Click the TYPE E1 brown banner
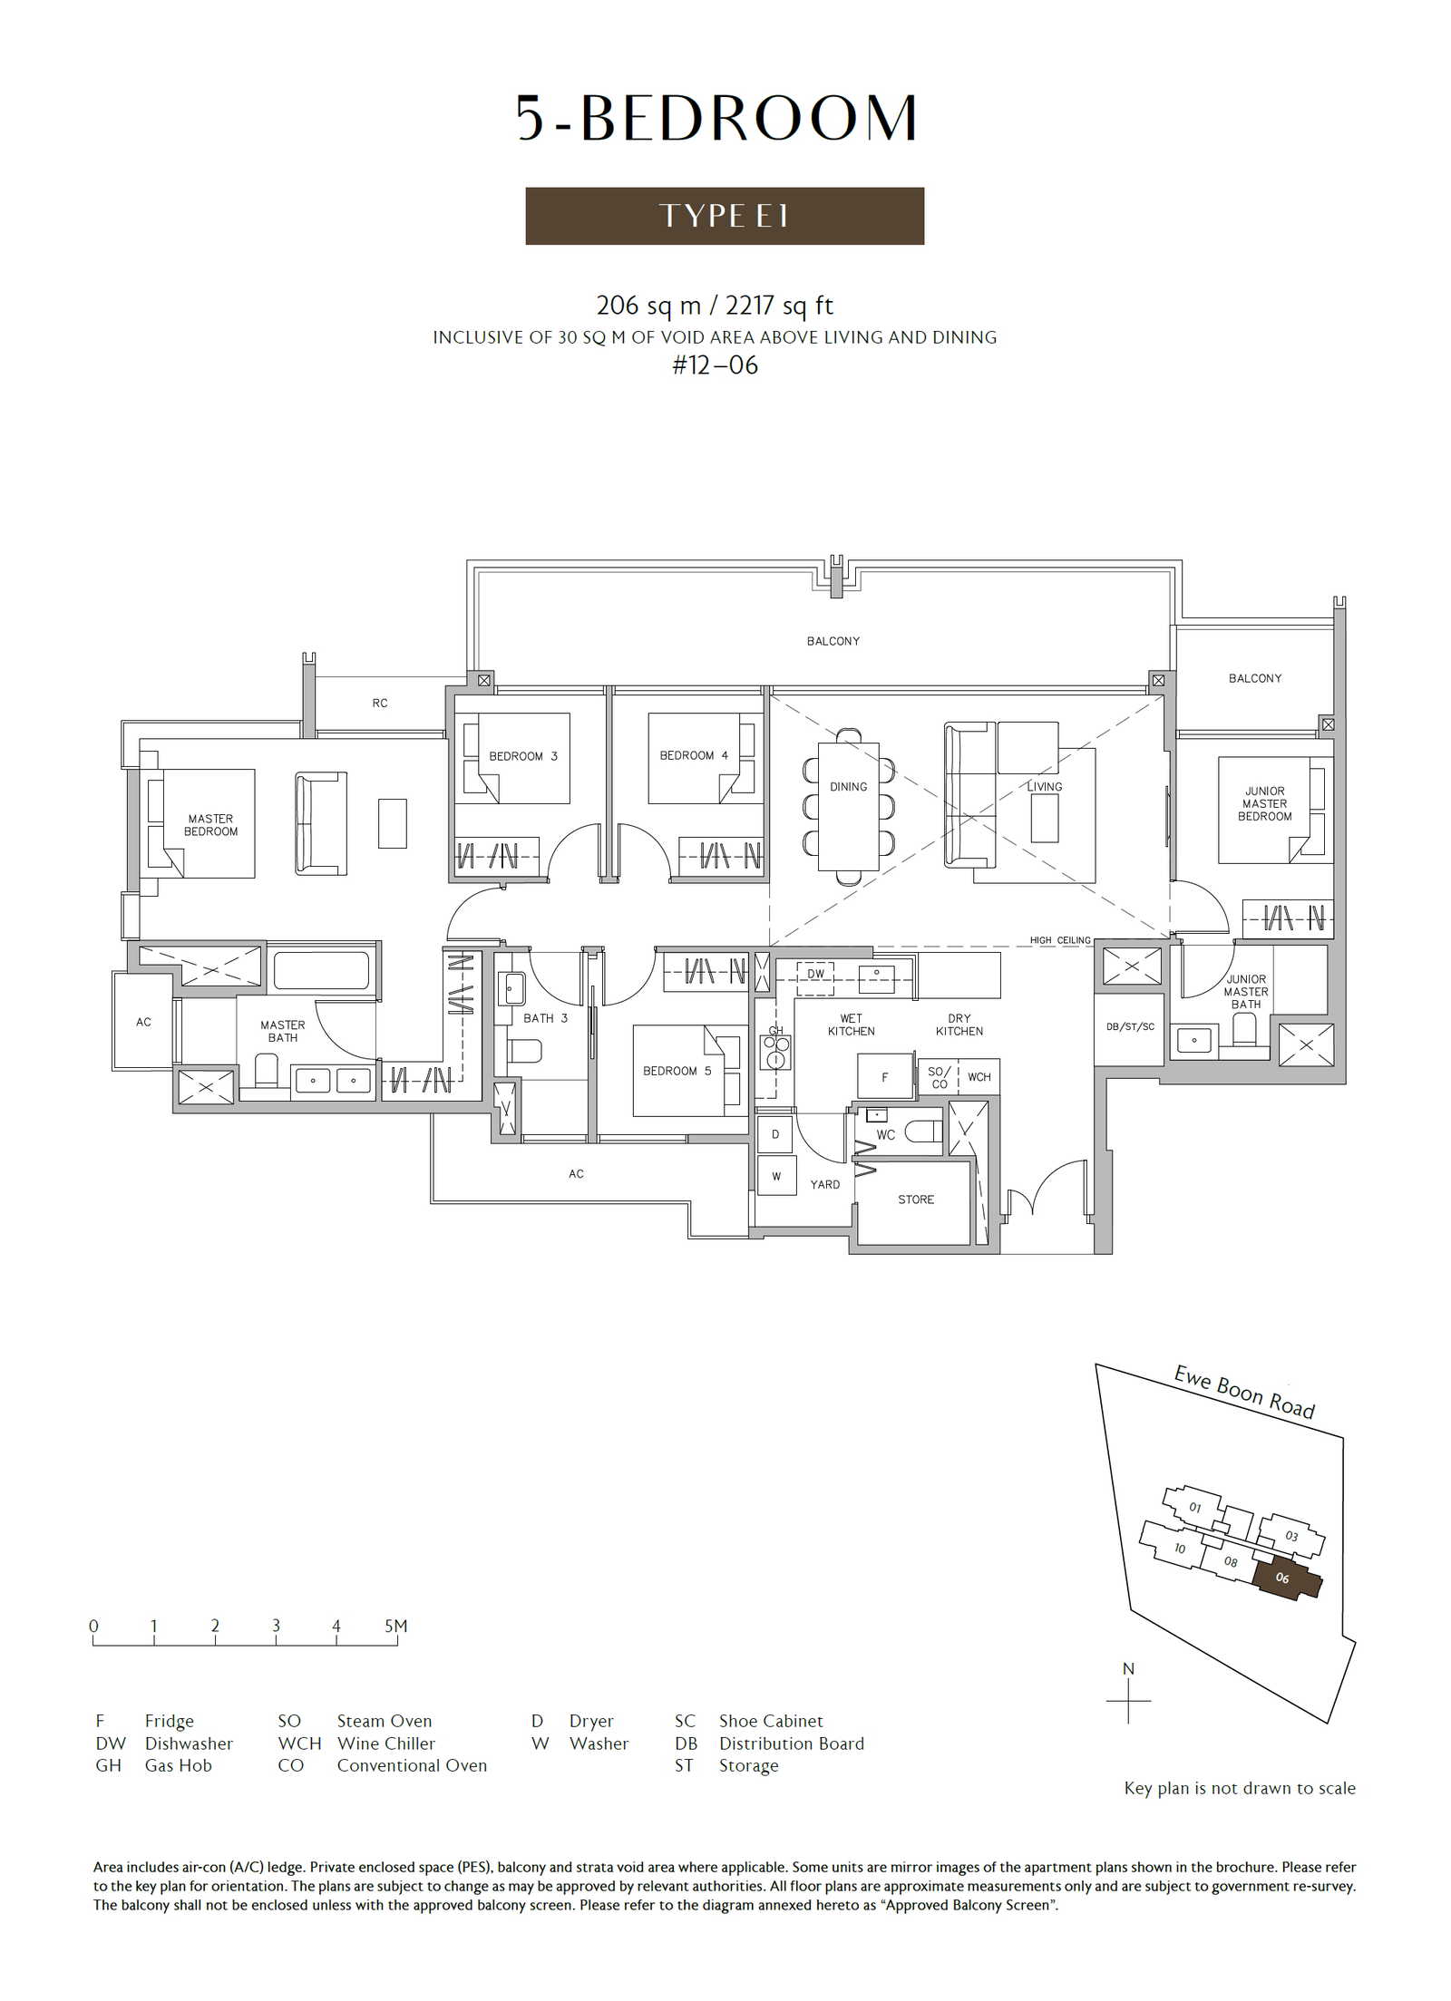point(725,216)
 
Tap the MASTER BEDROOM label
point(210,825)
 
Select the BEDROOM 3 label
point(523,756)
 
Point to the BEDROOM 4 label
point(694,755)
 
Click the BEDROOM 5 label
point(677,1071)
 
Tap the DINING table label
point(848,787)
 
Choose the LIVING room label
point(1045,787)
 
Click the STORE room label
point(916,1200)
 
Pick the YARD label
point(825,1184)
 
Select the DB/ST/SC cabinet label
point(1130,1026)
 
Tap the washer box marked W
point(776,1176)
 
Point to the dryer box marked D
point(775,1134)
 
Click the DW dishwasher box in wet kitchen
point(816,974)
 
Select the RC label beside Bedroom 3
point(380,703)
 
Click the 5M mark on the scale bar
point(396,1626)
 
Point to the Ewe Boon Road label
point(1244,1392)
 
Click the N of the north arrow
point(1128,1669)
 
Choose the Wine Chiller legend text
point(386,1744)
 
